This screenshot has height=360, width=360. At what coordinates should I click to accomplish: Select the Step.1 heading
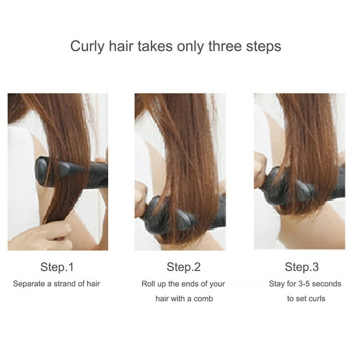coord(57,267)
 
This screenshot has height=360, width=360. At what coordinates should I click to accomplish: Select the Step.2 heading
coord(184,267)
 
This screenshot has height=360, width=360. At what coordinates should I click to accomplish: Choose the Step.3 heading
coord(302,267)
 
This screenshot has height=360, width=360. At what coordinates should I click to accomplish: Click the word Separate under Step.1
coord(29,284)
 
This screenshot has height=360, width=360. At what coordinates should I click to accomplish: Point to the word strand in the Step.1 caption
coord(65,284)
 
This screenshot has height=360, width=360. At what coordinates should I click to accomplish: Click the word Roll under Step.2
coord(147,284)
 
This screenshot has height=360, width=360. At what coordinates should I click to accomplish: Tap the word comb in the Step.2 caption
coord(203,299)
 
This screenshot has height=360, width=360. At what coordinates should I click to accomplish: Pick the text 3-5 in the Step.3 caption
coord(304,284)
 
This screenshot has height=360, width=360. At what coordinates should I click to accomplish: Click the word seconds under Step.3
coord(326,284)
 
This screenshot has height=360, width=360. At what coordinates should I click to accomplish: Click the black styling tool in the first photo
coord(72,172)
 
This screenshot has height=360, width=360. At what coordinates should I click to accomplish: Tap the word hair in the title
coord(121,46)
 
